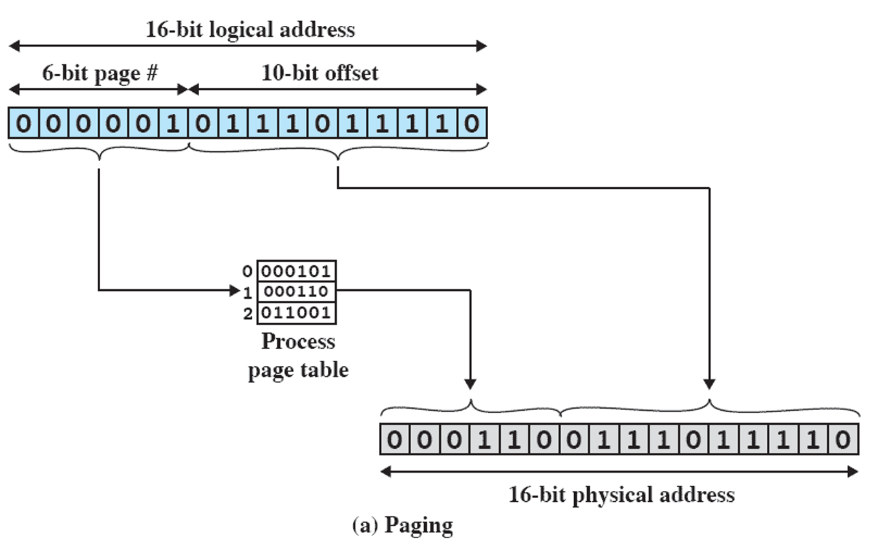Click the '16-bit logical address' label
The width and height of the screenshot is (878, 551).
tap(250, 29)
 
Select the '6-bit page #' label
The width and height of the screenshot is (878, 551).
tap(100, 73)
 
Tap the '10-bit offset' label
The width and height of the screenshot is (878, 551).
tap(319, 73)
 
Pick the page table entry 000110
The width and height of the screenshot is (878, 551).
tap(297, 292)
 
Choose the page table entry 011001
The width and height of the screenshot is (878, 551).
tap(297, 314)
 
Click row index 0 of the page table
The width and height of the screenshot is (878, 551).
tap(248, 270)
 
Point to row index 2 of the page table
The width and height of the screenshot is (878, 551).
tap(248, 315)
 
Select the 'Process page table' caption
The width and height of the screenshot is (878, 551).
tap(298, 356)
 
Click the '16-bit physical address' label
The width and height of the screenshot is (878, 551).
tap(621, 495)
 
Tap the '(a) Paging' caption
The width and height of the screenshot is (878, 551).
tap(402, 525)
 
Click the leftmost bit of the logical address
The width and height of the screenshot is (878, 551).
tap(23, 123)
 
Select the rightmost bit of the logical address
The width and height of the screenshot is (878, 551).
tap(471, 123)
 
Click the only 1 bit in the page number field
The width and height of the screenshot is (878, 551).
tap(173, 123)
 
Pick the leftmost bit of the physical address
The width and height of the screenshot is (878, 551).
tap(395, 440)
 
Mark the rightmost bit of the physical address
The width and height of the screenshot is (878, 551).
tap(843, 440)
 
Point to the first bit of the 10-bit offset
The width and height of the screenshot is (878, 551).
tap(202, 123)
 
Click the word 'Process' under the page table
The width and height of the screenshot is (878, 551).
tap(298, 342)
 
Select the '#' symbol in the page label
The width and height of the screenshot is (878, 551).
tap(151, 73)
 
